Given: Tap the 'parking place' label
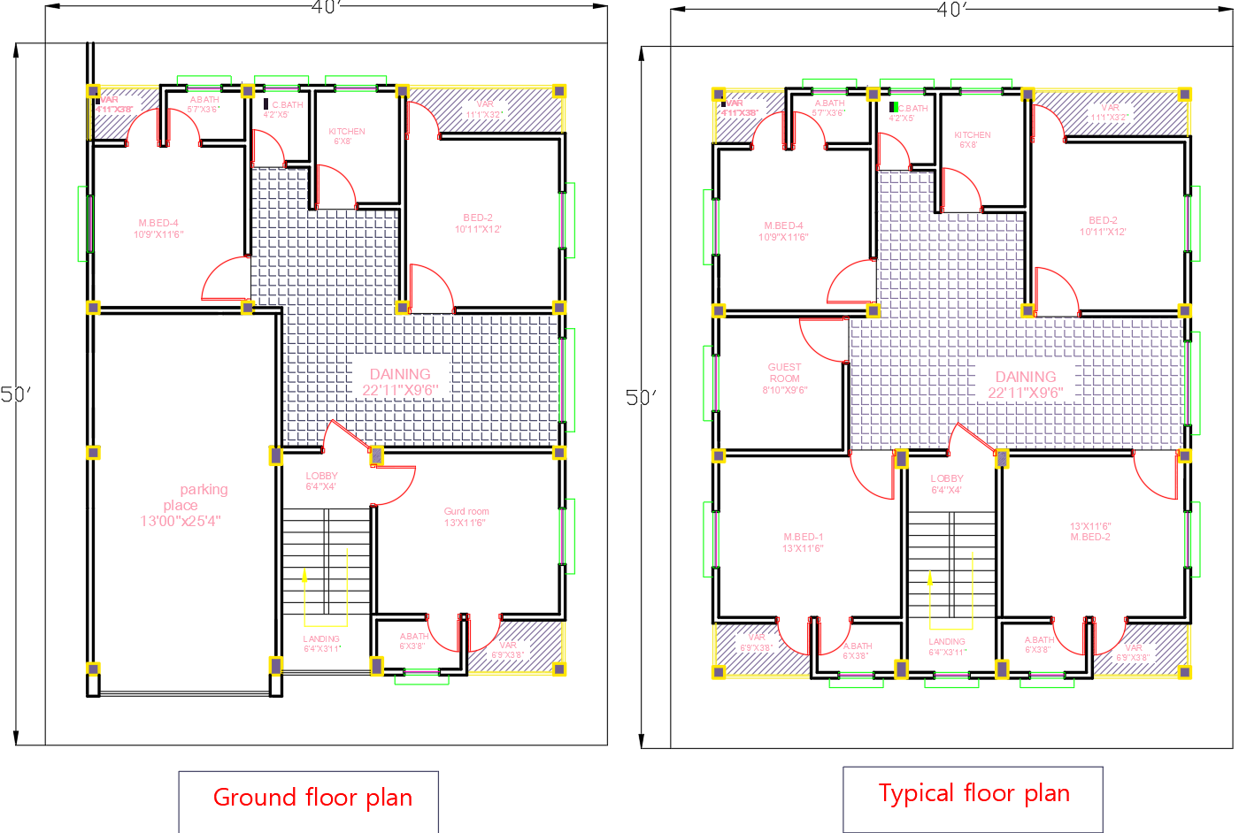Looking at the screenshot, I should [182, 505].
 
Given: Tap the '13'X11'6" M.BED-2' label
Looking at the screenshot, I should [1089, 531].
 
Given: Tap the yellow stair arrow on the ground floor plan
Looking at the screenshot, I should [305, 579].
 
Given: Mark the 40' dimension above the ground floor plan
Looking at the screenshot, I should [326, 7].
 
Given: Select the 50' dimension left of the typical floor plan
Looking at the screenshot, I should [638, 397].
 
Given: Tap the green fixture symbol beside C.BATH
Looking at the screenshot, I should [894, 107].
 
